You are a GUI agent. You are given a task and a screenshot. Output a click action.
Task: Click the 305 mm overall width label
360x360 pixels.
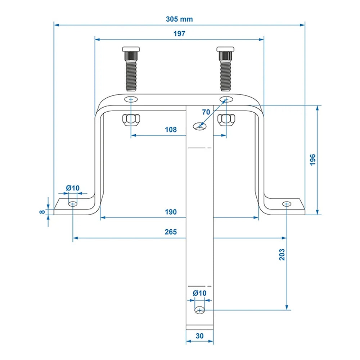click(x=179, y=19)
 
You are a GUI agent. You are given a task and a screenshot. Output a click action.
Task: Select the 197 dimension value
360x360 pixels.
click(x=179, y=34)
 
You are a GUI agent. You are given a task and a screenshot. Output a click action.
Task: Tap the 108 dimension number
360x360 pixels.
click(x=171, y=130)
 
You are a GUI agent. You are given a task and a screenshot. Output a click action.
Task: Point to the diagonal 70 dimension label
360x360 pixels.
click(x=206, y=112)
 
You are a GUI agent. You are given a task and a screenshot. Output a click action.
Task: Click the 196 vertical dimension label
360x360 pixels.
click(x=312, y=159)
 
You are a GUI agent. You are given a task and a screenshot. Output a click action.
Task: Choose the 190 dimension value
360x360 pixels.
click(x=171, y=212)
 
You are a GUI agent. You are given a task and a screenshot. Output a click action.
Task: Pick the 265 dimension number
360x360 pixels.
click(x=171, y=232)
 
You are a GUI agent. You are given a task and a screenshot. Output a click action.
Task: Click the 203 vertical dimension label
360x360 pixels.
click(x=282, y=255)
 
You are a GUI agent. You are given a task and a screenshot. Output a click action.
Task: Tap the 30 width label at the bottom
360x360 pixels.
click(x=200, y=336)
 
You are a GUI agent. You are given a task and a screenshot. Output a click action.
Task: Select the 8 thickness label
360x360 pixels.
click(x=42, y=212)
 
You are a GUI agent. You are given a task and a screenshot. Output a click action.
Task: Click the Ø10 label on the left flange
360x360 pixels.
click(x=72, y=188)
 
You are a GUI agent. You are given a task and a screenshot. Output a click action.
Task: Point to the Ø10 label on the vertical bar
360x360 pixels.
click(x=199, y=293)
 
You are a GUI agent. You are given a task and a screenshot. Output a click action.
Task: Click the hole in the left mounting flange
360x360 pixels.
click(x=73, y=204)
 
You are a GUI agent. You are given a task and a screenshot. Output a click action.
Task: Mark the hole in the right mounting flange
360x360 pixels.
click(x=287, y=204)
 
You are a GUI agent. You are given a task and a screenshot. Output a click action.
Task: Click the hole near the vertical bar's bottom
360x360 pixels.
click(x=199, y=310)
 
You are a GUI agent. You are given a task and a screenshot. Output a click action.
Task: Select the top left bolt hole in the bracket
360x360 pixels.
click(x=131, y=99)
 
